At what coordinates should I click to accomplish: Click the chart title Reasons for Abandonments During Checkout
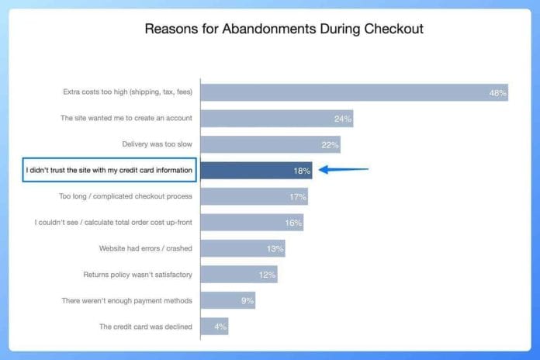pyautogui.click(x=284, y=29)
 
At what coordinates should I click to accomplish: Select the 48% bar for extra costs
pyautogui.click(x=355, y=92)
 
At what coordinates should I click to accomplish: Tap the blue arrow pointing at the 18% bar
pyautogui.click(x=344, y=169)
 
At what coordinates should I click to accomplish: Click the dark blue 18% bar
pyautogui.click(x=256, y=171)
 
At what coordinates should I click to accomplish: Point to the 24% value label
pyautogui.click(x=343, y=119)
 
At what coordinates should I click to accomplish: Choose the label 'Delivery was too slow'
pyautogui.click(x=157, y=144)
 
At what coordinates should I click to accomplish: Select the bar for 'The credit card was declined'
pyautogui.click(x=214, y=326)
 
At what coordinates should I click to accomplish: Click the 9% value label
pyautogui.click(x=247, y=301)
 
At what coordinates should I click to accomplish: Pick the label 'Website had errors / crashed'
pyautogui.click(x=146, y=248)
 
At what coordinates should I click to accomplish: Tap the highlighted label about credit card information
pyautogui.click(x=109, y=170)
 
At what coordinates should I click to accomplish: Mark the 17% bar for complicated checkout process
pyautogui.click(x=254, y=196)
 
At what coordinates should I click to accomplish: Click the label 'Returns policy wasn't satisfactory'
pyautogui.click(x=138, y=275)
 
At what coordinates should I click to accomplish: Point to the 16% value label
pyautogui.click(x=293, y=223)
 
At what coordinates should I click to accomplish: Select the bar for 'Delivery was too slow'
pyautogui.click(x=270, y=144)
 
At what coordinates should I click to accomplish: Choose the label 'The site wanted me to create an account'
pyautogui.click(x=126, y=118)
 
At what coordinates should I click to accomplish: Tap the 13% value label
pyautogui.click(x=275, y=249)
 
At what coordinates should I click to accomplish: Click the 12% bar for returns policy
pyautogui.click(x=239, y=274)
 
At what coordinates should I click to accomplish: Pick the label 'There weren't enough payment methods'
pyautogui.click(x=127, y=301)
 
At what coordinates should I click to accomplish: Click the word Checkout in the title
pyautogui.click(x=394, y=29)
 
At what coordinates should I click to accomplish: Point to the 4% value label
pyautogui.click(x=220, y=327)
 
